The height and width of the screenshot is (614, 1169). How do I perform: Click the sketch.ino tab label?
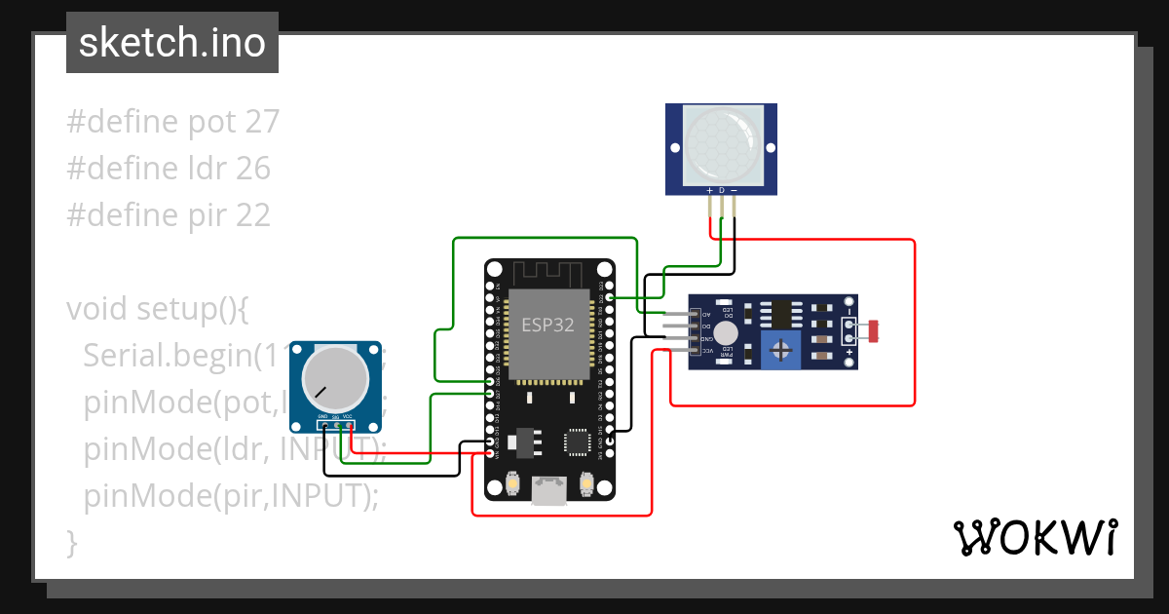(x=172, y=43)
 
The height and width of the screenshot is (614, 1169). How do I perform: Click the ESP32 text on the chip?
(x=548, y=326)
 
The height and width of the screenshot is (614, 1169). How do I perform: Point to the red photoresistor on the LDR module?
(x=873, y=331)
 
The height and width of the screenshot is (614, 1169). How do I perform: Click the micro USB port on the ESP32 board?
(x=549, y=490)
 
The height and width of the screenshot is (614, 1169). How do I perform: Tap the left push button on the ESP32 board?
(x=512, y=482)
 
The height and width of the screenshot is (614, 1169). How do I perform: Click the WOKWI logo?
(x=1034, y=537)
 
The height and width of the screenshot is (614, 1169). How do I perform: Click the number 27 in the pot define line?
(x=262, y=122)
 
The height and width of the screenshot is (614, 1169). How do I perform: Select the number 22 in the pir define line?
(x=252, y=215)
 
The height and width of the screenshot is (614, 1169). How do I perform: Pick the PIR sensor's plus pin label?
(x=709, y=189)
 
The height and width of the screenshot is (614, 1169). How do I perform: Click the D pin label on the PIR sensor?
(x=722, y=189)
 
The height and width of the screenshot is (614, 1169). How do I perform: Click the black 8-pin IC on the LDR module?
(x=780, y=313)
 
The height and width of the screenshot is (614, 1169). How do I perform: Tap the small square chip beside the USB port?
(x=577, y=442)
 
